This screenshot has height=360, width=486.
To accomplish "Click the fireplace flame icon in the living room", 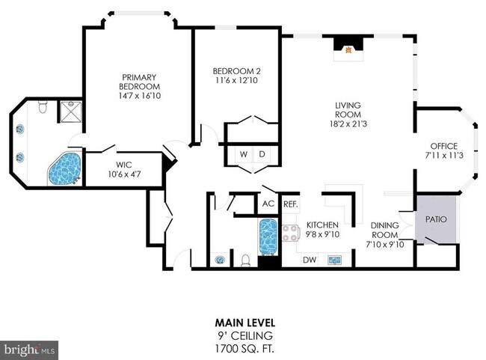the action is [x=348, y=49].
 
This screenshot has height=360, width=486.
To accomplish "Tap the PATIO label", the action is [x=436, y=219].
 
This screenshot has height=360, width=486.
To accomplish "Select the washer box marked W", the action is [x=244, y=154].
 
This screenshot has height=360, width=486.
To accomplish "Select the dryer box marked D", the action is [x=262, y=154].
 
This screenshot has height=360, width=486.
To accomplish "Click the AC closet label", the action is [x=268, y=204].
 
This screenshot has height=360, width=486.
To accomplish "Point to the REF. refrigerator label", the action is [x=290, y=204].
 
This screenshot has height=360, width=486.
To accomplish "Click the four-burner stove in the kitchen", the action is [x=291, y=234].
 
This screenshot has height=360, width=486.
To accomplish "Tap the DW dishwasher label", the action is [x=310, y=260].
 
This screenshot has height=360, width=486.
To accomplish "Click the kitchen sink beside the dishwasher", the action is [x=335, y=260].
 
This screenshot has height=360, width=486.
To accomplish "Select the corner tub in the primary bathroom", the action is [x=64, y=168].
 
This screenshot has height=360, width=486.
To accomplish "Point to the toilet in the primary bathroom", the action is [x=43, y=107].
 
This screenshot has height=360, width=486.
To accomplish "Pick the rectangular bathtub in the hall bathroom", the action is [x=268, y=237].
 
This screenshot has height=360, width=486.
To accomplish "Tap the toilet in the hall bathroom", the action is [x=245, y=260].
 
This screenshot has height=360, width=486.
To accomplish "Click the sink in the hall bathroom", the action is [x=220, y=260].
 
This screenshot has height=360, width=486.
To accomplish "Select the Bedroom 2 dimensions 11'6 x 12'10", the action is [x=237, y=80].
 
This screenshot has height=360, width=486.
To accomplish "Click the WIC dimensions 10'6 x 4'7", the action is [x=124, y=174].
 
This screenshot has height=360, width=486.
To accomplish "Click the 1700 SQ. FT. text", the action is [x=244, y=349].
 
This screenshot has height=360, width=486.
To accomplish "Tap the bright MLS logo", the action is [x=29, y=350].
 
